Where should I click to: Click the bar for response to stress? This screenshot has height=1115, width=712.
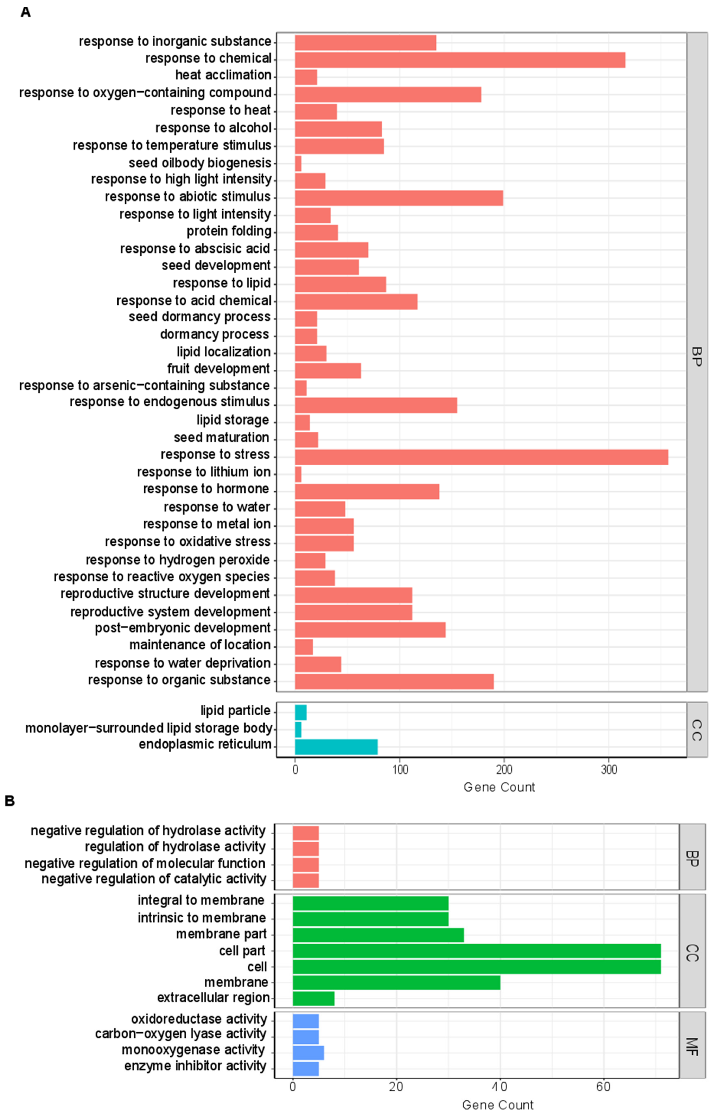tap(482, 457)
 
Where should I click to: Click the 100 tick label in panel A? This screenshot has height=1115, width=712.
tap(400, 770)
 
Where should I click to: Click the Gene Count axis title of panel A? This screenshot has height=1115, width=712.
tap(499, 787)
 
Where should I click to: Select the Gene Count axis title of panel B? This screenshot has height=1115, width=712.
tap(498, 1105)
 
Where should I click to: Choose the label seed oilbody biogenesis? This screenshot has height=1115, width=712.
tap(200, 163)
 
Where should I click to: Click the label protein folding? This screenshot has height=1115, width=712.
tap(229, 231)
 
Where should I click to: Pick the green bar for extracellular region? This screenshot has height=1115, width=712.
tap(313, 999)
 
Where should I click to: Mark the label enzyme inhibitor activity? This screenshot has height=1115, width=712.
tap(195, 1066)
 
